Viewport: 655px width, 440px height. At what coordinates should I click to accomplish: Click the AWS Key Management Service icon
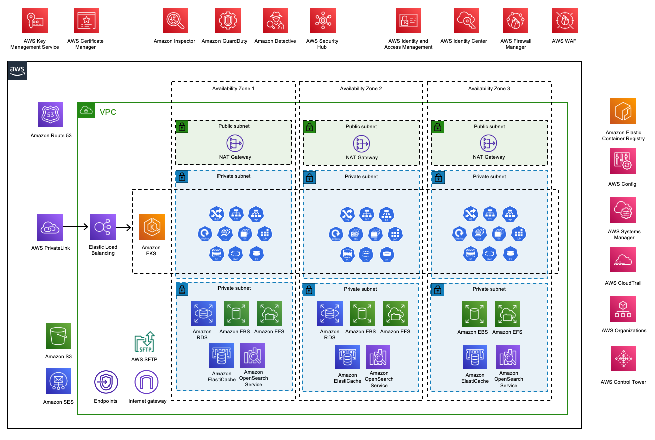coord(35,21)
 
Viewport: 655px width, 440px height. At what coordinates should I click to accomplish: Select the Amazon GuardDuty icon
coord(225,21)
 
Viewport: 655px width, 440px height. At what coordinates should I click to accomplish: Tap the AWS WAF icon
coord(564,21)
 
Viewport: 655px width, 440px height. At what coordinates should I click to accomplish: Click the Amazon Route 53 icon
coord(51,114)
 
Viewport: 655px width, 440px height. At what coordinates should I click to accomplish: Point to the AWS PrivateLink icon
coord(50,227)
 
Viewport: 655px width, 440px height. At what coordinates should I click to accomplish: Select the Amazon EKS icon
coord(151,227)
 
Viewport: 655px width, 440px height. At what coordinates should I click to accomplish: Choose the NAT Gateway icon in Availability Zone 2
coord(361,143)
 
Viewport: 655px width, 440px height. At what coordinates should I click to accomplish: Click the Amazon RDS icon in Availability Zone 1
coord(203,314)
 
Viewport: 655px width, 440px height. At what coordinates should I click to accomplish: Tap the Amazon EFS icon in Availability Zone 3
coord(507,314)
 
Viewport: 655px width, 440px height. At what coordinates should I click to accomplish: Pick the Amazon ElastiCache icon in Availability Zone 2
coord(348,357)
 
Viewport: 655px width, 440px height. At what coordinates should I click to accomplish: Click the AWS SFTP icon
coord(144,342)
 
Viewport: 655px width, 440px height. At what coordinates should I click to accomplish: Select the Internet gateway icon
coord(147,382)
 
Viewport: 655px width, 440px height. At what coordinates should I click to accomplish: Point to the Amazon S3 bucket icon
coord(58,336)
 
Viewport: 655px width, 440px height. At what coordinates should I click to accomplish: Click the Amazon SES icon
coord(58,381)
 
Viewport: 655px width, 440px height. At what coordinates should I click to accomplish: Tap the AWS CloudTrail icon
coord(623,260)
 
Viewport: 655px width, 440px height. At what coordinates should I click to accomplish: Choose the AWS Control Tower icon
coord(623,358)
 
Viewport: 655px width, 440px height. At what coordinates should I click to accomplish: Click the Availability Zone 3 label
coord(489,89)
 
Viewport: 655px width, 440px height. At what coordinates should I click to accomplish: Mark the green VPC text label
coord(108,112)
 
